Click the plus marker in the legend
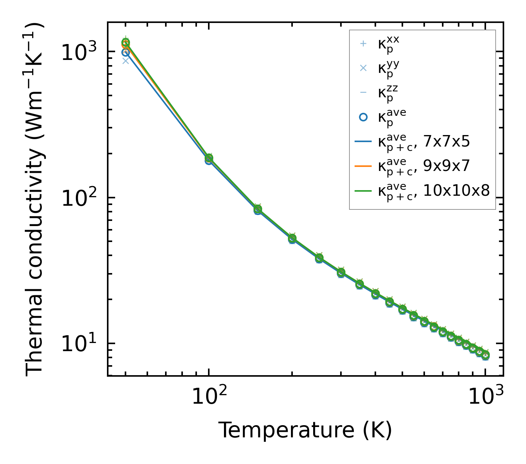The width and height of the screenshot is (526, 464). tap(363, 44)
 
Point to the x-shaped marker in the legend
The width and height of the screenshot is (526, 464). tap(363, 68)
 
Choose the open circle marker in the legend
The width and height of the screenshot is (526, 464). tap(363, 117)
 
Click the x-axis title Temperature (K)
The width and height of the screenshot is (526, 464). tap(305, 430)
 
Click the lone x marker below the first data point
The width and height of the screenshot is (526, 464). tap(126, 61)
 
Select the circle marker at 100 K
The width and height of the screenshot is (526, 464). tap(209, 159)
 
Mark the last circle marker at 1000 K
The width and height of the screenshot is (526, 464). tap(485, 355)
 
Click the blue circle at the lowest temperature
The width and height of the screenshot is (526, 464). tap(126, 53)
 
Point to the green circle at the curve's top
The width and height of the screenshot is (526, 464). tap(126, 43)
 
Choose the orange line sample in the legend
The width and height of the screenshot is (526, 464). tap(363, 166)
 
